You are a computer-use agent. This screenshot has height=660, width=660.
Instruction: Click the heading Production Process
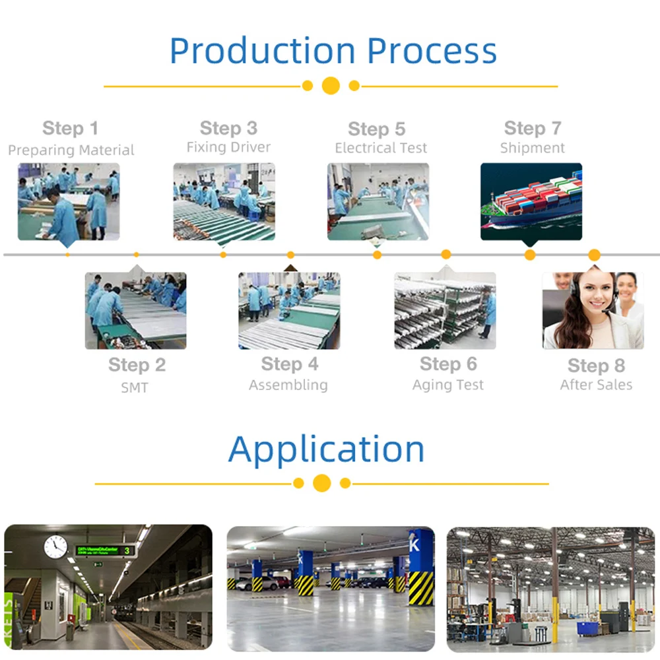pyautogui.click(x=333, y=51)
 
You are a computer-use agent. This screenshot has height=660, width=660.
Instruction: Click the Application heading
pyautogui.click(x=326, y=449)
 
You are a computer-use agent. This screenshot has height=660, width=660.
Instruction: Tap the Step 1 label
pyautogui.click(x=70, y=128)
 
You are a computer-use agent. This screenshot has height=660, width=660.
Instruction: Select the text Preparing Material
pyautogui.click(x=71, y=150)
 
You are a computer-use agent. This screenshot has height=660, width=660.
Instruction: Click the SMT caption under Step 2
pyautogui.click(x=135, y=387)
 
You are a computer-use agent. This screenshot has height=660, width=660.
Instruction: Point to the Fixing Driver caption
pyautogui.click(x=228, y=147)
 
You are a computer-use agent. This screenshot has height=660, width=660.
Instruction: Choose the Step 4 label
pyautogui.click(x=289, y=364)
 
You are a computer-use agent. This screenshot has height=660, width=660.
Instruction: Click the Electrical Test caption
pyautogui.click(x=381, y=148)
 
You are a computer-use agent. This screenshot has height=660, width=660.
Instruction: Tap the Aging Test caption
pyautogui.click(x=448, y=385)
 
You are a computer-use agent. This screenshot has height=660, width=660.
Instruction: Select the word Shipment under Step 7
pyautogui.click(x=532, y=148)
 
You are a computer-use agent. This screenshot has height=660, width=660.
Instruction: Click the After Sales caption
pyautogui.click(x=596, y=385)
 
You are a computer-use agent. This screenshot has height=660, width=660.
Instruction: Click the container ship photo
pyautogui.click(x=531, y=201)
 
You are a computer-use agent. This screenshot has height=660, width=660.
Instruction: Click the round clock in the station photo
pyautogui.click(x=55, y=546)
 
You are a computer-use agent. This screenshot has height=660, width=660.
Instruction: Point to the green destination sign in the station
pyautogui.click(x=105, y=550)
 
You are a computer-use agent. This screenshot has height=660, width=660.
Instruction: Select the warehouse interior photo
pyautogui.click(x=550, y=589)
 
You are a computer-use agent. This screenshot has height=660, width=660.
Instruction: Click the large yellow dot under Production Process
pyautogui.click(x=331, y=86)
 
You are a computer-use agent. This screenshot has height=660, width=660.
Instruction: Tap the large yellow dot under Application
pyautogui.click(x=321, y=483)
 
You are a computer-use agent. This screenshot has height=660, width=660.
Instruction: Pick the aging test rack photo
pyautogui.click(x=445, y=311)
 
